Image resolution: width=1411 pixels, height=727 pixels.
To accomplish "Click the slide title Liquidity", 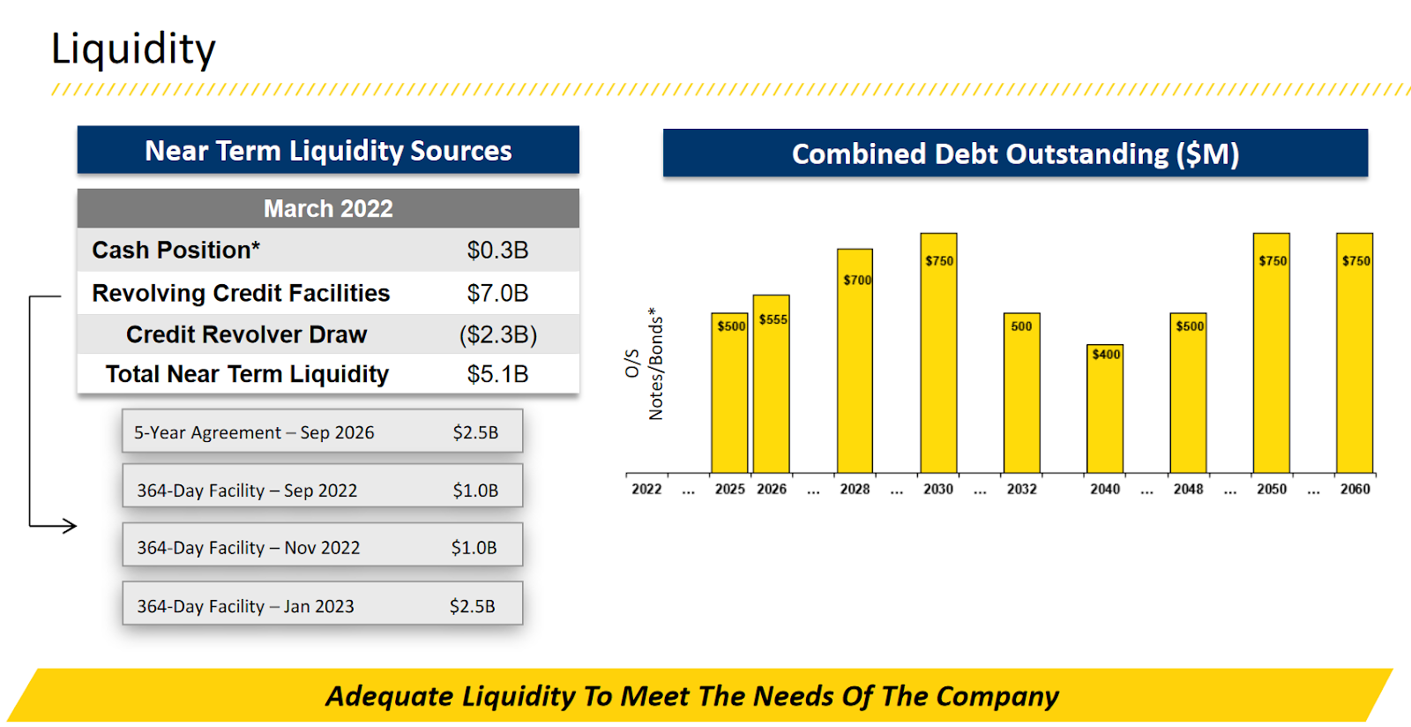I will point(133,49).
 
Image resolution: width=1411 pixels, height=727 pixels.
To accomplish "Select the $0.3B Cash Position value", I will point(497,251).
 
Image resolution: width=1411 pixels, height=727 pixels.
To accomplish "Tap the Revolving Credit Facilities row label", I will point(241,293).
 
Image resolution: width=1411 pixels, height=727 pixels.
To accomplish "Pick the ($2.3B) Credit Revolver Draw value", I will point(497,334).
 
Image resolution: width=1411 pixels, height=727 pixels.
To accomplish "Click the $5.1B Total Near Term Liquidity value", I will point(497,374).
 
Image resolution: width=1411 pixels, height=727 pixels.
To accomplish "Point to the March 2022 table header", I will point(328,208).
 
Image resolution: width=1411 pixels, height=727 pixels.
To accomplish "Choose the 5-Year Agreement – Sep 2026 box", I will point(322,431).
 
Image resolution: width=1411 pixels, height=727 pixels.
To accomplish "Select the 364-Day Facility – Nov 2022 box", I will point(322,546).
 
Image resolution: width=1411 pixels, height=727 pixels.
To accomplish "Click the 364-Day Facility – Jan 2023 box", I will point(322,604).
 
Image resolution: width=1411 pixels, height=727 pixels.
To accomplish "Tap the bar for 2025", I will point(729,397).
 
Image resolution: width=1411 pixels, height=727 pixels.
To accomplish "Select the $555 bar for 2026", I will point(772,388).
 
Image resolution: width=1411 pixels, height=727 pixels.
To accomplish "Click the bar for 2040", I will point(1105,410).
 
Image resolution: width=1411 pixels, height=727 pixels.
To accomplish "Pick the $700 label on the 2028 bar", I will point(856,280).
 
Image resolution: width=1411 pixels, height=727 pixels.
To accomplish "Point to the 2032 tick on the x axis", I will point(1021,489).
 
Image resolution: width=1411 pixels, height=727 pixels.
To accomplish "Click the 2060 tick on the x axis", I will point(1355,489).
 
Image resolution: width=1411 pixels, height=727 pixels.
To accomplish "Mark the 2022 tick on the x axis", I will point(646,489).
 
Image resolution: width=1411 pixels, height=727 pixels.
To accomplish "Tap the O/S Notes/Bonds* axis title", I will point(644,363).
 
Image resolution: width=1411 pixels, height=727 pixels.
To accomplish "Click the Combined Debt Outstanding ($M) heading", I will point(1015,154).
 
